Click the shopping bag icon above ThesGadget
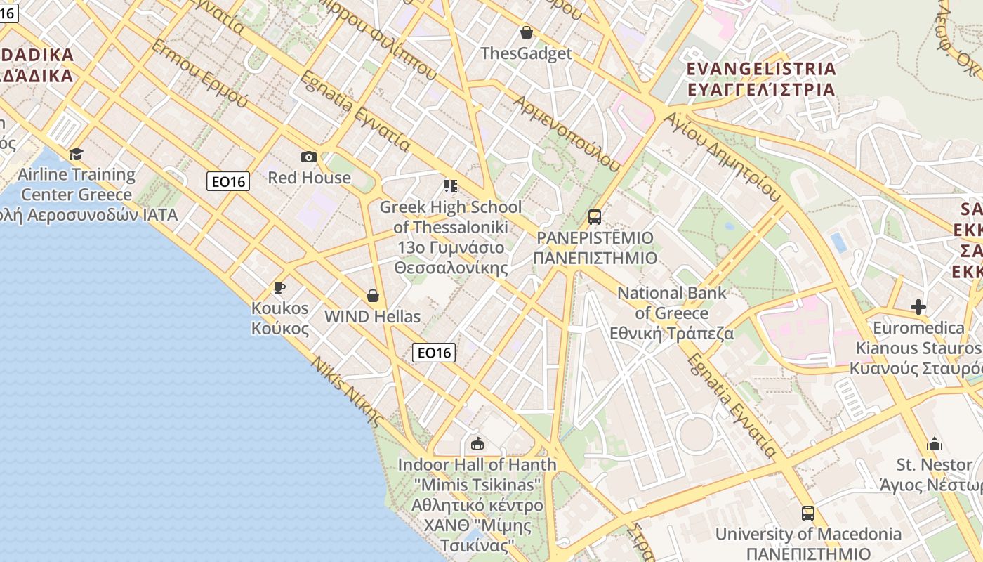(527, 32)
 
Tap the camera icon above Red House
(309, 157)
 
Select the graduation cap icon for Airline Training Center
(76, 154)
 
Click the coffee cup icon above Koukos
(279, 287)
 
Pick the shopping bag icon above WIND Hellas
(373, 296)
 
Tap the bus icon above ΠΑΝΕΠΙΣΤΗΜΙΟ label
(595, 216)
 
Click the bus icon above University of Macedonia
(808, 514)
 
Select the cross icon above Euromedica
(918, 307)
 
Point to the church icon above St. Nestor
(935, 444)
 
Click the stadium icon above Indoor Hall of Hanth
(477, 443)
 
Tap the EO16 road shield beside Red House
(229, 182)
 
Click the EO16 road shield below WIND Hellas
(434, 353)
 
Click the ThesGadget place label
(527, 53)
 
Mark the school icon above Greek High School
(451, 186)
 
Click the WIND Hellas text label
(372, 316)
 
